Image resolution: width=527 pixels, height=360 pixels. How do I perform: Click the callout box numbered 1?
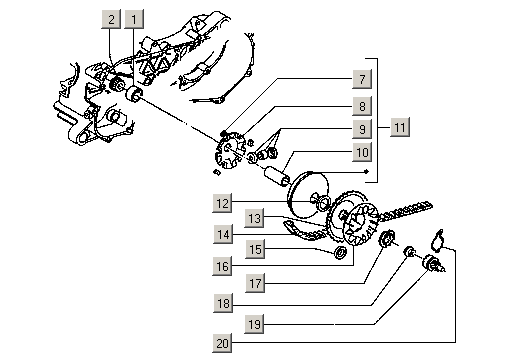[x=134, y=19]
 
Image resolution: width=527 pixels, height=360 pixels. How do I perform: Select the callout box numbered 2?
[x=111, y=19]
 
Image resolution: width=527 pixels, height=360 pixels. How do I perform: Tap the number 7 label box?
[x=362, y=79]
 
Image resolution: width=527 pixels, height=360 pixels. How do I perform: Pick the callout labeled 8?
[x=362, y=106]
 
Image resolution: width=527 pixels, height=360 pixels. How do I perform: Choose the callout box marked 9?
[x=362, y=129]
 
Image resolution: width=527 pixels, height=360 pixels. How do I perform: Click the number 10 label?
[x=362, y=152]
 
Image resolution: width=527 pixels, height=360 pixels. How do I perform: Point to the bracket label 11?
[x=400, y=127]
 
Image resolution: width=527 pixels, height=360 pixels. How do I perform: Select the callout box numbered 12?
[x=222, y=203]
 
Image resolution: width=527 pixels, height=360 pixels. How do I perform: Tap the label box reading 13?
[x=254, y=218]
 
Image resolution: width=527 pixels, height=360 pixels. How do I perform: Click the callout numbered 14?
[x=223, y=234]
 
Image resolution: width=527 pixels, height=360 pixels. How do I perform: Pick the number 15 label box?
[x=255, y=249]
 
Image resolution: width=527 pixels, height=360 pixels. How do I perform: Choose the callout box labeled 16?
[x=222, y=266]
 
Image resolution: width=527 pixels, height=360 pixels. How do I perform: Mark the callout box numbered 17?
[x=255, y=283]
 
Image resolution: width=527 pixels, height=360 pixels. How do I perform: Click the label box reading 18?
[x=223, y=303]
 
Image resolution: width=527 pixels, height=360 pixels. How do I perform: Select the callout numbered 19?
[x=254, y=324]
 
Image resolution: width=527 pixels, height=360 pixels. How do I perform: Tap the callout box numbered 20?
[x=222, y=343]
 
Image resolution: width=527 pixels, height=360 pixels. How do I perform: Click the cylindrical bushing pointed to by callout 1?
[x=134, y=94]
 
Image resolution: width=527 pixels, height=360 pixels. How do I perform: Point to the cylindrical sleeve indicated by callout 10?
[x=277, y=176]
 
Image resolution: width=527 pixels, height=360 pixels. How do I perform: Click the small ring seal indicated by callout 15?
[x=341, y=252]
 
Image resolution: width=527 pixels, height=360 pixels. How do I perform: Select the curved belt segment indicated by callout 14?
[x=302, y=233]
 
